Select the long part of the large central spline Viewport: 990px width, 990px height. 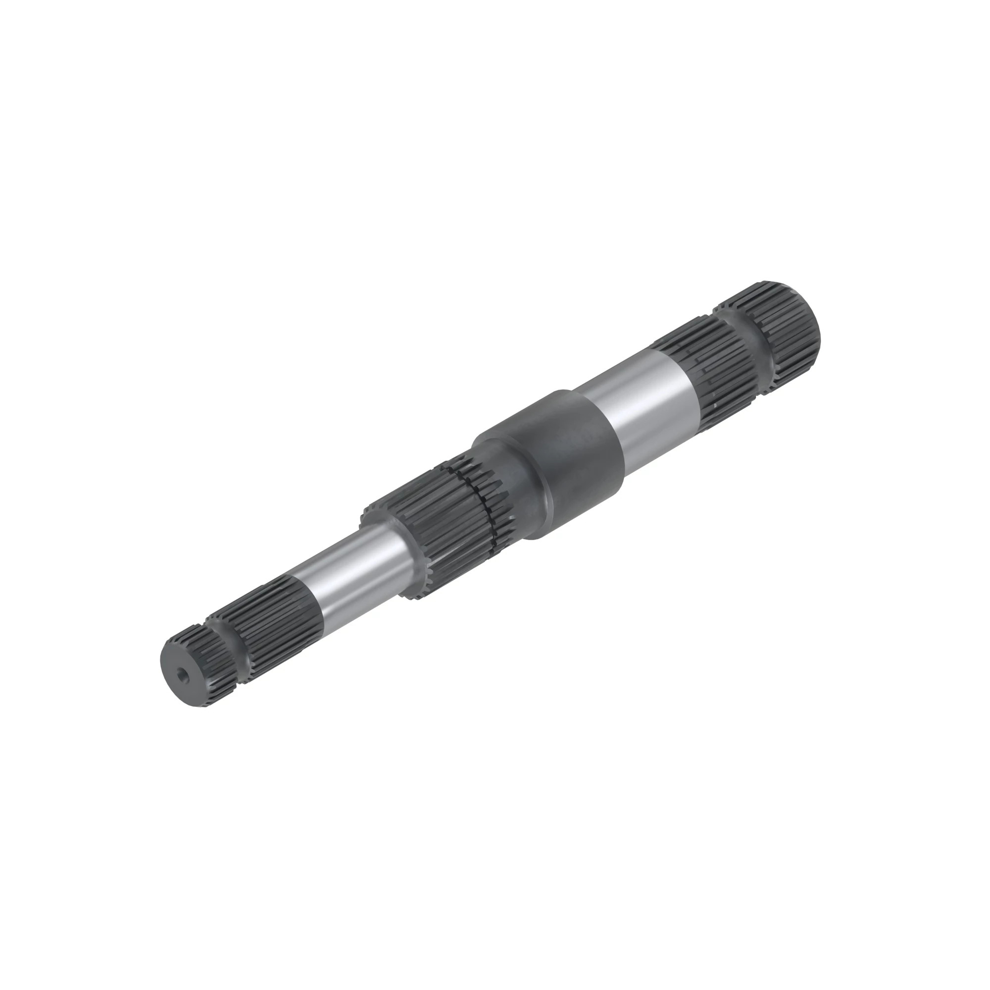pyautogui.click(x=436, y=518)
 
